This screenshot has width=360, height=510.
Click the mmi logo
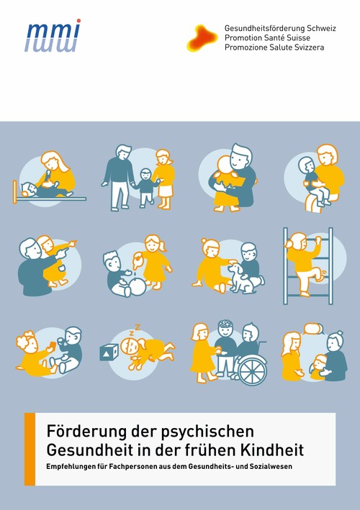(x=52, y=36)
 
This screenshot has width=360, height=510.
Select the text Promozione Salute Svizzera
(x=274, y=47)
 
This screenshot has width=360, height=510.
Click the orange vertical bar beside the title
(x=30, y=450)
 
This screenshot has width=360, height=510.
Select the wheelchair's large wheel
(x=251, y=370)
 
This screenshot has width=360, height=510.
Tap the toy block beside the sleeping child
(x=110, y=352)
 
